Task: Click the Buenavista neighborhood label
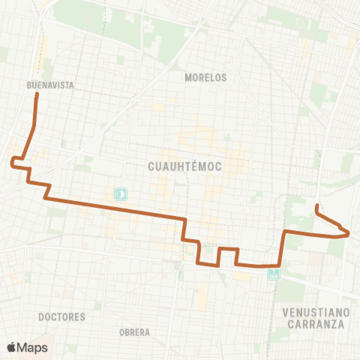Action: (x=50, y=85)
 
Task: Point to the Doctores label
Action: (x=61, y=316)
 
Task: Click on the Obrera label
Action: (x=134, y=331)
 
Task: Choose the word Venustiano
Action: (x=314, y=311)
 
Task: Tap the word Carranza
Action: (x=315, y=324)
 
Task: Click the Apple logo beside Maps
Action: (x=12, y=347)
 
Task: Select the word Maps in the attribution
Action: (x=33, y=347)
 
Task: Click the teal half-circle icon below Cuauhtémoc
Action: (x=120, y=193)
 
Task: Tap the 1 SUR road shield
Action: (x=274, y=274)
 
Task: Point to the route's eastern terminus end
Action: (x=317, y=205)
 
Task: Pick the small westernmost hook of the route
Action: (x=11, y=160)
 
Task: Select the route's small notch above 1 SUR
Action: (x=228, y=249)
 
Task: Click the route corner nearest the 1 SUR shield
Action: (x=279, y=265)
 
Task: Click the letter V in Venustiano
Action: (x=286, y=311)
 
